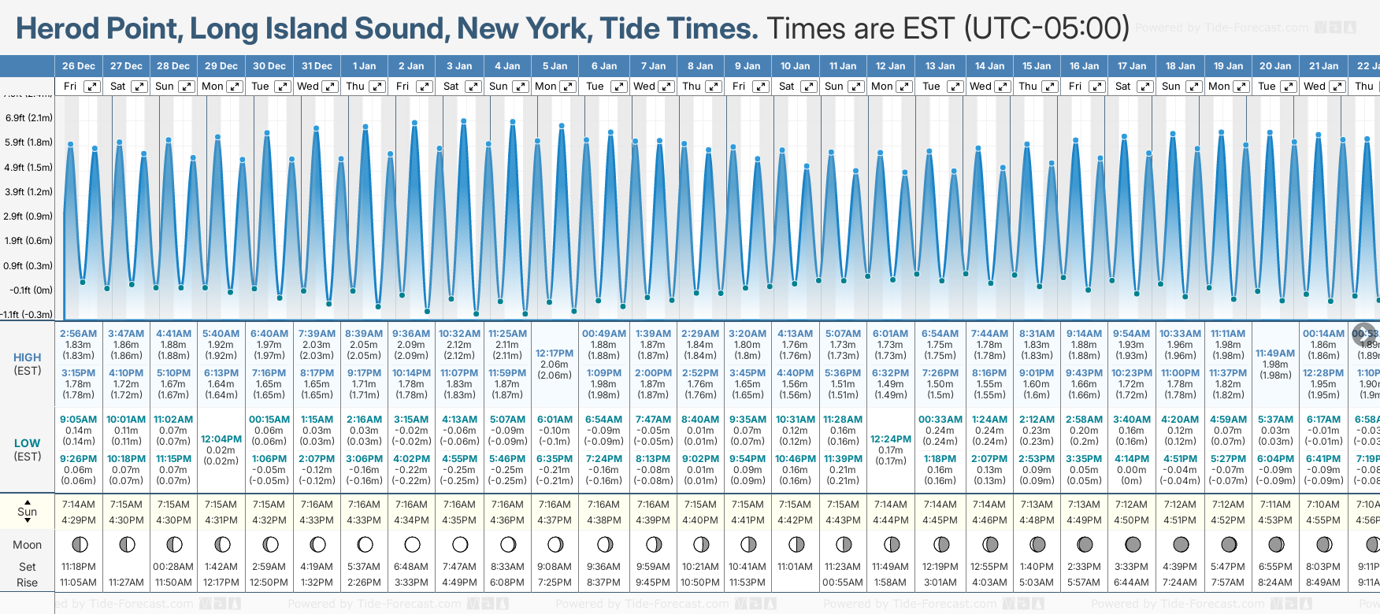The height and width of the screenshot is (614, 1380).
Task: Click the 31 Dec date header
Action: tap(317, 66)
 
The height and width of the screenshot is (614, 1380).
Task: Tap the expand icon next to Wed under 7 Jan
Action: tap(666, 87)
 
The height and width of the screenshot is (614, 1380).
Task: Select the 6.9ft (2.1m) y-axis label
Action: tap(29, 118)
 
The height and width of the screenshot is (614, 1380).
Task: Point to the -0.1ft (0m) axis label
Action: tap(32, 290)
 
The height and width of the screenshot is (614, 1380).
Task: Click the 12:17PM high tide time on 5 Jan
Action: tap(555, 353)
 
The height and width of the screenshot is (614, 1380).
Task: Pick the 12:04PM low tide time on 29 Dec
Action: tap(221, 439)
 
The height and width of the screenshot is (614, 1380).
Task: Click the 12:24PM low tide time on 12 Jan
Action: tap(891, 439)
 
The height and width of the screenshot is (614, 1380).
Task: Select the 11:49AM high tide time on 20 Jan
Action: tap(1275, 353)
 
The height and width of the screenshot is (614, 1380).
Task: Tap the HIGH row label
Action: tap(28, 357)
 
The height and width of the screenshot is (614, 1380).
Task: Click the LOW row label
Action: tap(28, 443)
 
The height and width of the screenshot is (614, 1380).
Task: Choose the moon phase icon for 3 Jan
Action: tap(460, 544)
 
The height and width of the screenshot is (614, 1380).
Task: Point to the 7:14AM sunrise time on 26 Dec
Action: tap(78, 505)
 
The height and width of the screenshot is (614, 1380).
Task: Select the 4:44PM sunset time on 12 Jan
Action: tap(891, 520)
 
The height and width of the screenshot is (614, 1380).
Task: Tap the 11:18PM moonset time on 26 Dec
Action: tap(78, 567)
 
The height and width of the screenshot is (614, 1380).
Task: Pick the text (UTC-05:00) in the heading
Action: tap(1047, 28)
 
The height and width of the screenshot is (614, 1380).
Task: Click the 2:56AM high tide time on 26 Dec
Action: tap(78, 334)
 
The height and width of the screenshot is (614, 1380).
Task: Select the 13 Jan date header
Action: tap(940, 66)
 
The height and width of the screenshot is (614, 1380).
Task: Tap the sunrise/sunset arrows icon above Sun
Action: tap(28, 501)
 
